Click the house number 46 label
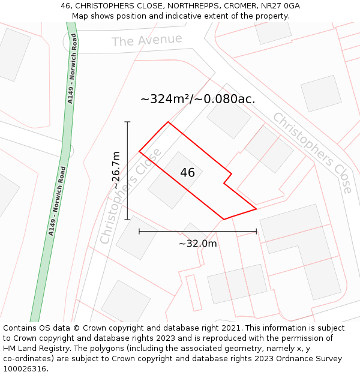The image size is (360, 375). [x=187, y=173]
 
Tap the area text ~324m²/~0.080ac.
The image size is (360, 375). [x=197, y=100]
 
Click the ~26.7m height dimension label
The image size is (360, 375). [x=116, y=170]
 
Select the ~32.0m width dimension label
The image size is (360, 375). [x=197, y=243]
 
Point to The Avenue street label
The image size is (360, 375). [x=147, y=40]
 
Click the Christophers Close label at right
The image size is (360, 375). [x=313, y=152]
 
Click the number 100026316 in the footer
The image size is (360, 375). [x=25, y=368]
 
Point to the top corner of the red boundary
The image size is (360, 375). [x=168, y=122]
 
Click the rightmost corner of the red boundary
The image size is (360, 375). [x=257, y=209]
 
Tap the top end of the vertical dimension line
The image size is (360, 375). [x=127, y=122]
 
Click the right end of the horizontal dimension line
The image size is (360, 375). [x=257, y=231]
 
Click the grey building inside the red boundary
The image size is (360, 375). [x=175, y=180]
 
